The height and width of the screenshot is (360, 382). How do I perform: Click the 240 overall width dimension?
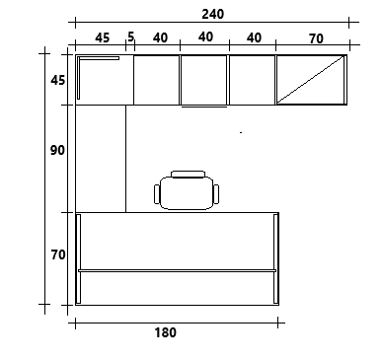click(x=213, y=14)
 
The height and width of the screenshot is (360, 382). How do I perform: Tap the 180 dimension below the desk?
click(x=165, y=332)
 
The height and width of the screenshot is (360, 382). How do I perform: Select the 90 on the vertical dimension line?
click(x=57, y=150)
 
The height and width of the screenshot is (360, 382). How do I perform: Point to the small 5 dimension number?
click(x=130, y=36)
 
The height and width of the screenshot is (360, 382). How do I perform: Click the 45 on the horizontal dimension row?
click(x=102, y=38)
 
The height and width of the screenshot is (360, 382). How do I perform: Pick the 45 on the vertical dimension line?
click(x=58, y=80)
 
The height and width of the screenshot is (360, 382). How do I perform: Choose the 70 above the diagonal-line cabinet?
click(x=316, y=38)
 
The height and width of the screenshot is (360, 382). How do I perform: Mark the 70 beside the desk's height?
click(x=58, y=254)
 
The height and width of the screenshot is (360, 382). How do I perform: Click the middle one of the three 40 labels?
click(x=205, y=36)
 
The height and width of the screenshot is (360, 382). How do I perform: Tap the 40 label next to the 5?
click(x=160, y=38)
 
